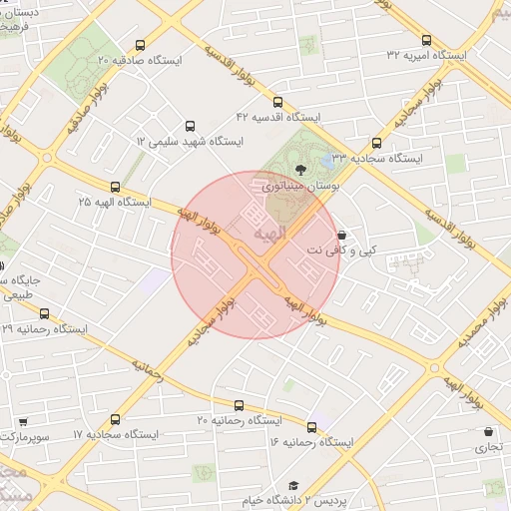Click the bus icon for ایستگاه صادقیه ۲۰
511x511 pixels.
(x=139, y=45)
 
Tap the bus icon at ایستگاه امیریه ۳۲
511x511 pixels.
(x=426, y=40)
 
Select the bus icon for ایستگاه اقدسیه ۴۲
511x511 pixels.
(x=277, y=102)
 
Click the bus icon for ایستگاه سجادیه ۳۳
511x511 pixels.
(x=376, y=143)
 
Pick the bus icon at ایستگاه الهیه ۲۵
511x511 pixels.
(x=115, y=187)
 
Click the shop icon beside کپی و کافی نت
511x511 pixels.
(x=342, y=234)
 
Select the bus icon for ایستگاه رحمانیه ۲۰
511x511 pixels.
(x=239, y=405)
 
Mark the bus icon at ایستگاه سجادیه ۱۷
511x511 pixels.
(x=116, y=420)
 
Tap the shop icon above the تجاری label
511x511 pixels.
(x=487, y=432)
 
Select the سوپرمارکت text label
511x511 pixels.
(x=22, y=437)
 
